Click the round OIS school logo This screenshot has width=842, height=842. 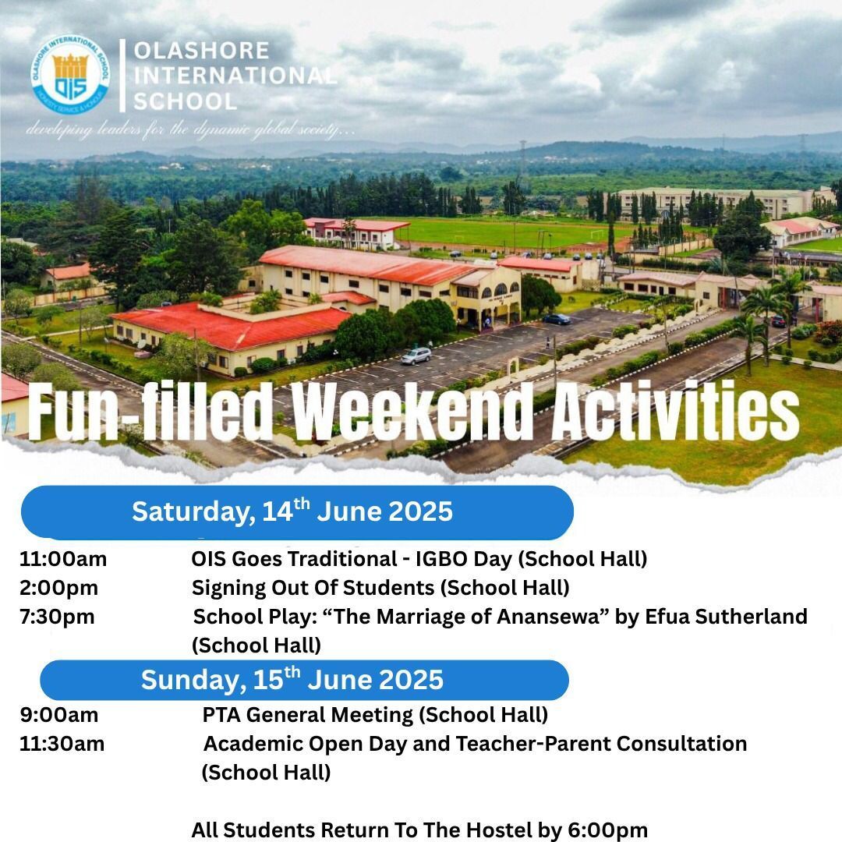point(70,75)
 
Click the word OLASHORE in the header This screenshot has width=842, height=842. point(201,51)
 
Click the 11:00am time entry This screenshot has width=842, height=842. point(63,559)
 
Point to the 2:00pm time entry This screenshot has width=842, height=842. point(58,587)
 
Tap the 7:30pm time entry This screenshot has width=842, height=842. point(57,617)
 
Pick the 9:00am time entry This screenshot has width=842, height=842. point(59,714)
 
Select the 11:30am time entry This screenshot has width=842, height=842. point(62,744)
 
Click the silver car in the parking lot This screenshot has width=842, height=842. point(416,356)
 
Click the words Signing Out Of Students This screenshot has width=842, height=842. point(313,587)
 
